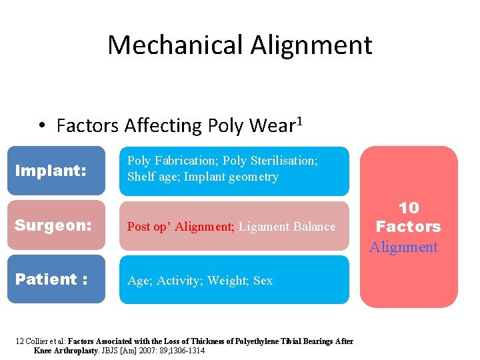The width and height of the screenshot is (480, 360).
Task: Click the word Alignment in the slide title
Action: [311, 45]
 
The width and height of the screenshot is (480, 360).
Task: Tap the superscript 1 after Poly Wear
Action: [300, 121]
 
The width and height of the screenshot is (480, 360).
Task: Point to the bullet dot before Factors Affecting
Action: [41, 126]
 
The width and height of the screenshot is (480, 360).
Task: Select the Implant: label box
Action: [60, 171]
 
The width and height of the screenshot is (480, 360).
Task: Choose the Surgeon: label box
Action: [60, 225]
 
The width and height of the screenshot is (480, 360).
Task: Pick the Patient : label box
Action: [60, 279]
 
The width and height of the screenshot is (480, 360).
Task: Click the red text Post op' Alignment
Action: [180, 227]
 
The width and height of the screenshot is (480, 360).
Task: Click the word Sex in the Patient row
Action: [263, 281]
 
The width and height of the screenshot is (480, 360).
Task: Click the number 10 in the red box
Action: [408, 208]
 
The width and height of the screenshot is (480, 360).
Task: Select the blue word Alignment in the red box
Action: [404, 247]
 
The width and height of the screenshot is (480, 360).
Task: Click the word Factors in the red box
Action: [408, 227]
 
